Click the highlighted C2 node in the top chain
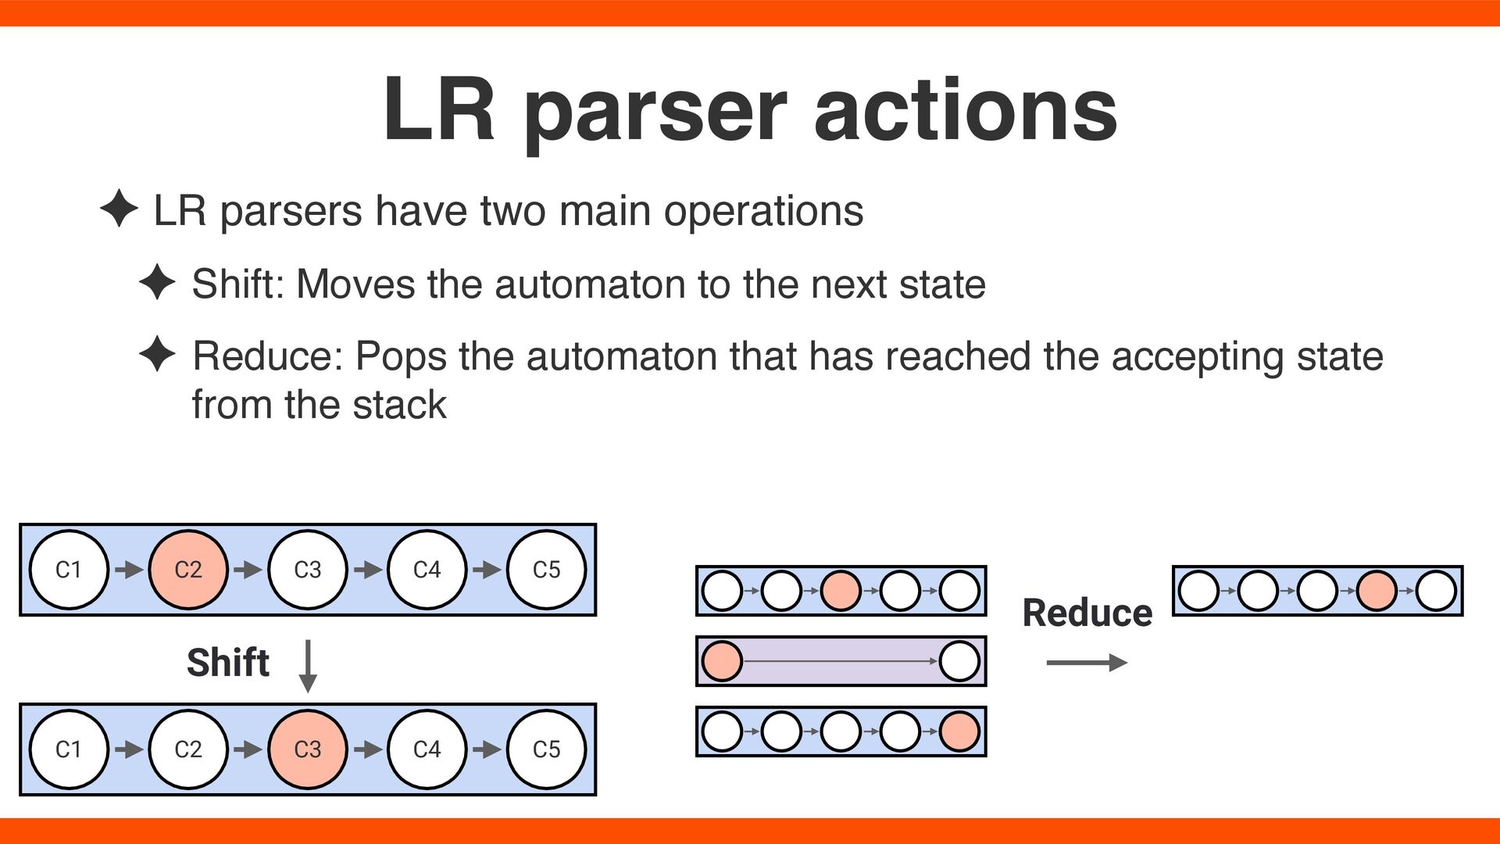click(188, 570)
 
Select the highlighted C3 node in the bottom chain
click(308, 749)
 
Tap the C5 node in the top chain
click(546, 570)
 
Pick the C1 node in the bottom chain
click(69, 749)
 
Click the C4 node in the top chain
click(427, 570)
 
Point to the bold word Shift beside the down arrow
click(228, 663)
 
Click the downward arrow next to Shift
click(309, 666)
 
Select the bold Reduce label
click(1087, 613)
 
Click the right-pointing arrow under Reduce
click(1087, 663)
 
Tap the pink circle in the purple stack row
click(722, 661)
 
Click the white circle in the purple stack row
click(959, 661)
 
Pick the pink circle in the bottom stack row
click(959, 732)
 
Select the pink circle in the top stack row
click(841, 591)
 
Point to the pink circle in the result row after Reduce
click(1377, 591)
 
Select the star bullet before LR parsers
click(119, 209)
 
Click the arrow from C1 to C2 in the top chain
click(129, 570)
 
